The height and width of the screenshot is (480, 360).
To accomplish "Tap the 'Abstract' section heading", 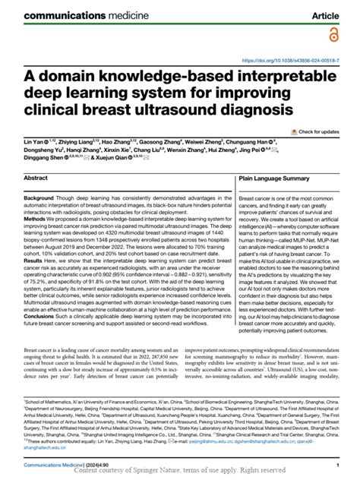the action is (x=36, y=178).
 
